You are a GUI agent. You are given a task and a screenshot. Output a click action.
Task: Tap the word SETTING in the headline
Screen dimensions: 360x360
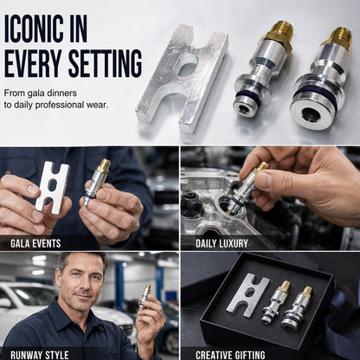pyautogui.click(x=106, y=63)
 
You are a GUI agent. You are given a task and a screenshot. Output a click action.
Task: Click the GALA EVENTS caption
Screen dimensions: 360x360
pyautogui.click(x=35, y=243)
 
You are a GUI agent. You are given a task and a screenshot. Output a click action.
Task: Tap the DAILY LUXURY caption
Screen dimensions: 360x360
pyautogui.click(x=222, y=243)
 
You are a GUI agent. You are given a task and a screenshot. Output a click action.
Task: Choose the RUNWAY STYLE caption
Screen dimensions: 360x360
pyautogui.click(x=40, y=355)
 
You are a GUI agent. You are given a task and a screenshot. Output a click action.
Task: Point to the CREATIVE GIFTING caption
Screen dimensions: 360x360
pyautogui.click(x=230, y=355)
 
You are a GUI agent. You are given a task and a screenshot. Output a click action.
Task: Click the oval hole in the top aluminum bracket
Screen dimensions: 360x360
pyautogui.click(x=187, y=65)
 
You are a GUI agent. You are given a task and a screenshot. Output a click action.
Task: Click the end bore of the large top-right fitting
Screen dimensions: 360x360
pyautogui.click(x=312, y=113)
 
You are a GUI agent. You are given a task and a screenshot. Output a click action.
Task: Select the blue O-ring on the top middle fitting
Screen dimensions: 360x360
pyautogui.click(x=248, y=96)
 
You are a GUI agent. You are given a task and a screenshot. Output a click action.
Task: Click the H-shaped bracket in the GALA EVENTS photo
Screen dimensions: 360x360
pyautogui.click(x=53, y=187)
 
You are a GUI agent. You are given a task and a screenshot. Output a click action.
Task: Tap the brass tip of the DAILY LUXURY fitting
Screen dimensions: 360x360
pyautogui.click(x=261, y=166)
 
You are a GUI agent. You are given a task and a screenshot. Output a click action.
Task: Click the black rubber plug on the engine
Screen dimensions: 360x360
pyautogui.click(x=191, y=202)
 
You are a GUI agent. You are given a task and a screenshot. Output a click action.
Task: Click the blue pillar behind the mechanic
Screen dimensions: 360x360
pyautogui.click(x=119, y=286)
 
